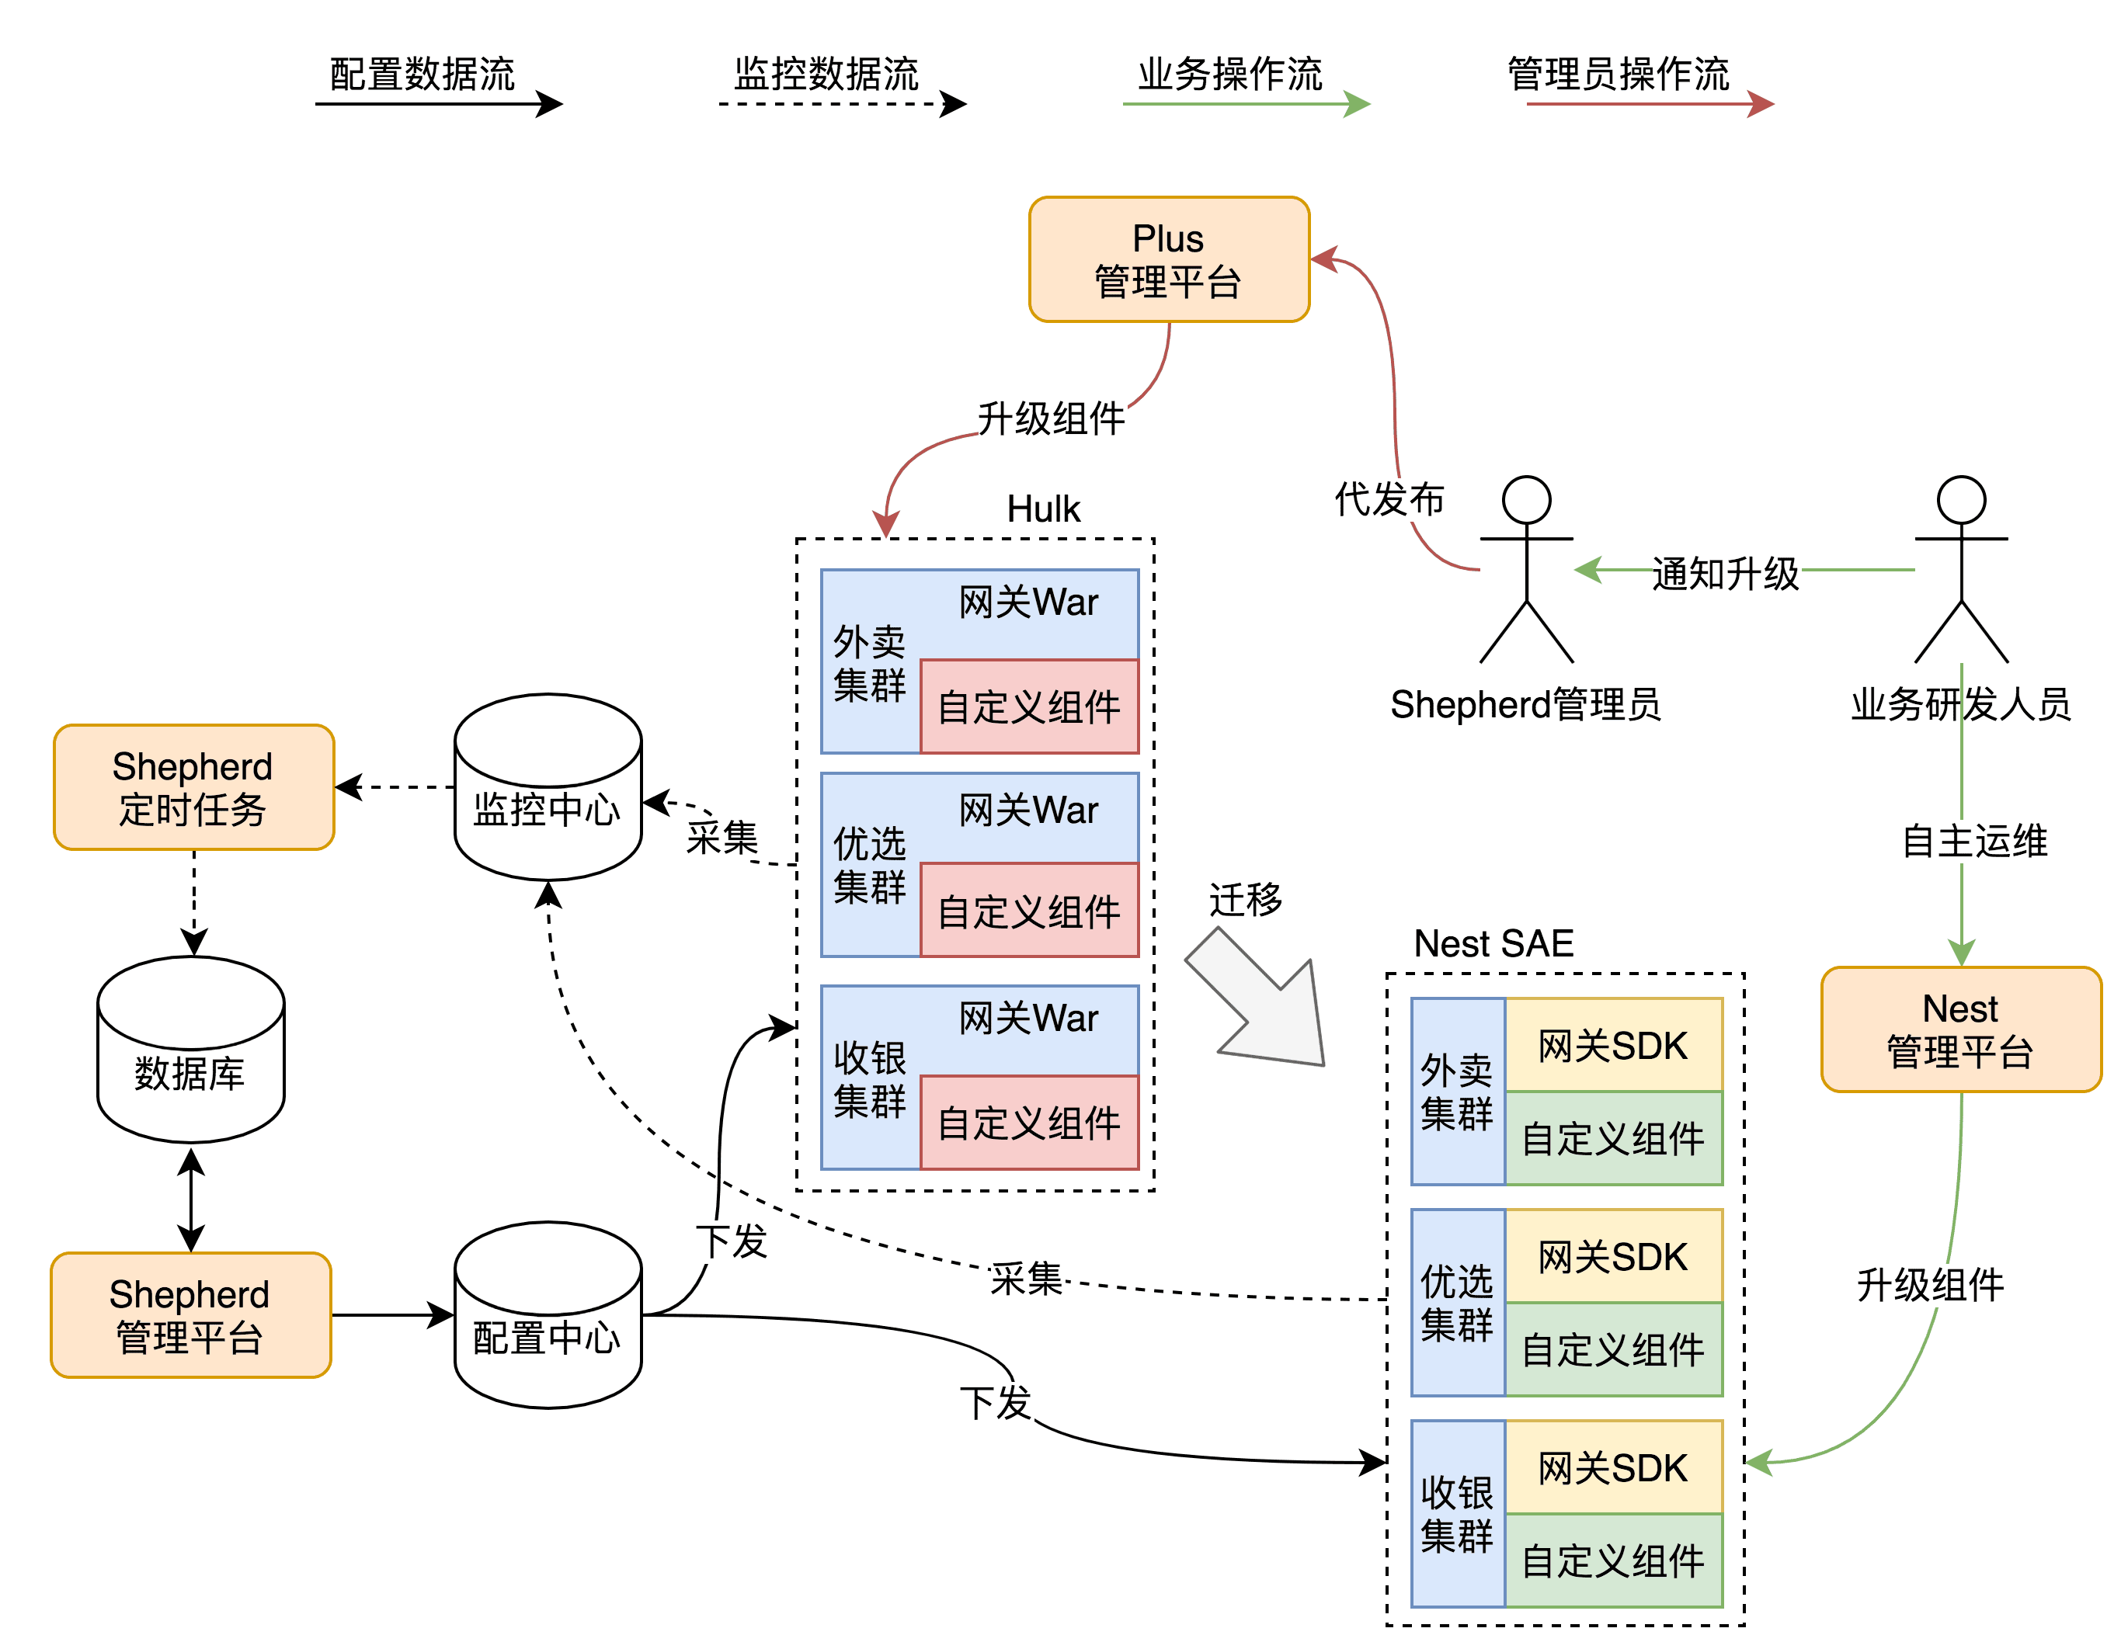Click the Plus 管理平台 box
coord(1168,259)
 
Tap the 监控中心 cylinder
coord(548,789)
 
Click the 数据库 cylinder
coord(191,1052)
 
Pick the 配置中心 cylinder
coord(548,1317)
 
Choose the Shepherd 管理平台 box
coord(191,1315)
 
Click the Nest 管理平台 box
coord(1960,1029)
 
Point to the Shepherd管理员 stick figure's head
coord(1526,500)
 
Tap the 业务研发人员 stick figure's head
coord(1960,500)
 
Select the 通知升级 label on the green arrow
coord(1725,574)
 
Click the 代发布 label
coord(1389,500)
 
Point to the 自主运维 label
coord(1974,841)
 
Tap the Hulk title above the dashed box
coord(1042,509)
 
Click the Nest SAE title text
coord(1493,943)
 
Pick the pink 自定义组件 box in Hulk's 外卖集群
coord(1029,707)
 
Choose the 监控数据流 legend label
coord(826,74)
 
